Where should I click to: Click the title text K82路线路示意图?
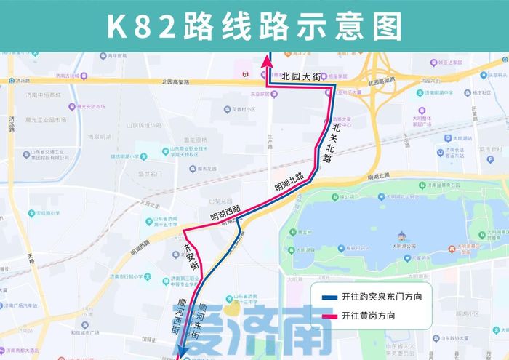[254, 26]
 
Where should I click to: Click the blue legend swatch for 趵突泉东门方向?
[329, 297]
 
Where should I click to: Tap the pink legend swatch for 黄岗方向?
[329, 316]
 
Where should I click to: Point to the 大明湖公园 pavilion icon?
[400, 236]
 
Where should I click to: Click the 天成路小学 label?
[44, 214]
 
